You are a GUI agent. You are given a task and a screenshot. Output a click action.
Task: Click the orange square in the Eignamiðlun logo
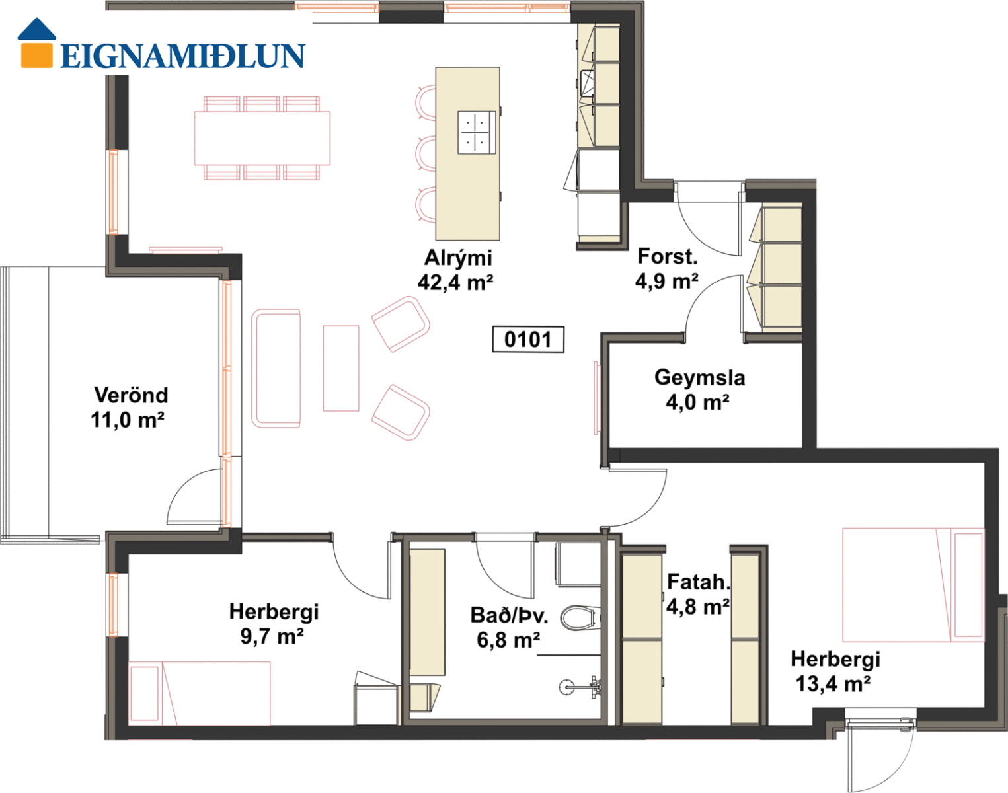[36, 56]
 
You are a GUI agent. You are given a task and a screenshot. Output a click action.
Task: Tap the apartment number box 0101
[528, 340]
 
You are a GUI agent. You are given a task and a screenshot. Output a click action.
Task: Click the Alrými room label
[458, 258]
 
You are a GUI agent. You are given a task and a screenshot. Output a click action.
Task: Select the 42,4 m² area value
[455, 282]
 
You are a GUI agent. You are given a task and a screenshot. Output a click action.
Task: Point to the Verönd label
[131, 395]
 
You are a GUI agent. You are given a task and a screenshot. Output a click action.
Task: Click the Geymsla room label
[700, 377]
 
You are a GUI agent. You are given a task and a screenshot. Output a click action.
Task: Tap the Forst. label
[668, 256]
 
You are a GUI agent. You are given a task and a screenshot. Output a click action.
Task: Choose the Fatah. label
[699, 582]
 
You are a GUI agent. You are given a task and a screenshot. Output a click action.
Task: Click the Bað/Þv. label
[509, 615]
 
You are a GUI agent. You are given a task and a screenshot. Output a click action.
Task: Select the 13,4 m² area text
[833, 684]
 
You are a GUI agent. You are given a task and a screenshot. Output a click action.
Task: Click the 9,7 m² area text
[272, 636]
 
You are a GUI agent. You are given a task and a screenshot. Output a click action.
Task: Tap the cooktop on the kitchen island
[477, 133]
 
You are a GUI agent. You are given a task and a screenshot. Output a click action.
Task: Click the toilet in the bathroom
[580, 618]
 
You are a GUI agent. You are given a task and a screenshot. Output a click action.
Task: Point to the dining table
[262, 138]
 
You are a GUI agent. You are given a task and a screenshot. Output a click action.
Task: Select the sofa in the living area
[276, 368]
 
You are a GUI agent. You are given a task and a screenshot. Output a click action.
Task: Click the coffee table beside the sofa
[341, 368]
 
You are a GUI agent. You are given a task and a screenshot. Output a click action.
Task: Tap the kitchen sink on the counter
[587, 83]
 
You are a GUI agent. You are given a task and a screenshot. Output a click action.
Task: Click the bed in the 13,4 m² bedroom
[913, 585]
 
